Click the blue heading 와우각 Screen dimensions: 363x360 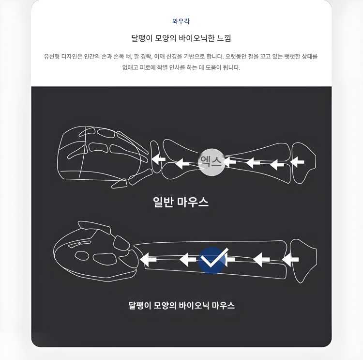coord(181,21)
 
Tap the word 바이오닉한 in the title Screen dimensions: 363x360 coord(197,38)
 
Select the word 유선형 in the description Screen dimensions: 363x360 coord(52,56)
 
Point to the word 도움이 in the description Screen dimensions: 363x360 coord(213,67)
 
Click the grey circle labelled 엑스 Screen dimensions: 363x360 coord(212,162)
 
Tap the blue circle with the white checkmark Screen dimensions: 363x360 coord(212,260)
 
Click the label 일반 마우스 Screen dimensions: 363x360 coord(181,202)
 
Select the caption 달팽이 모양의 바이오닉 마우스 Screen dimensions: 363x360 coord(181,305)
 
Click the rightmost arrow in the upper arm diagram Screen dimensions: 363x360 coord(297,161)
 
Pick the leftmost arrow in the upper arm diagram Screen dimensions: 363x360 coord(158,159)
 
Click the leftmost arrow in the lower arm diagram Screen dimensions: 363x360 coord(148,259)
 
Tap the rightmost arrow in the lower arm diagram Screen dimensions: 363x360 coord(290,259)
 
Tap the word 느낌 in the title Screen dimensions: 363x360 coord(224,38)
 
